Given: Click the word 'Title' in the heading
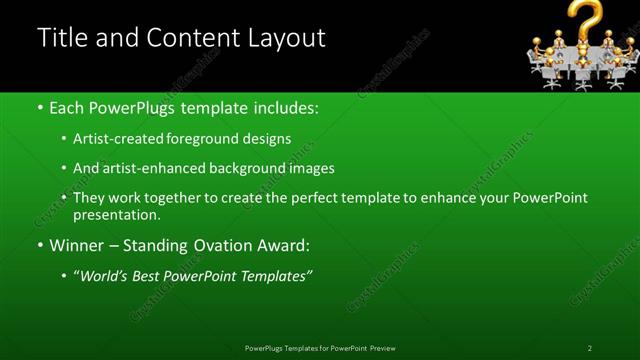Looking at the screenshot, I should coord(59,38).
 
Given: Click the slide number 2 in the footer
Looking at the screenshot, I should coord(589,348).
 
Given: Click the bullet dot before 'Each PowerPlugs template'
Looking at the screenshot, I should coord(39,107).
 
